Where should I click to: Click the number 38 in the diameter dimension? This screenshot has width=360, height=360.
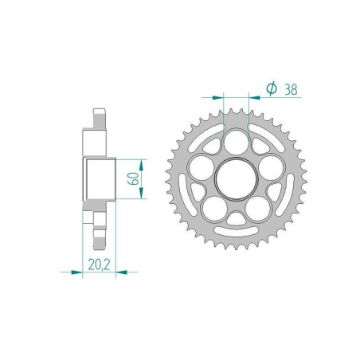pos(289,90)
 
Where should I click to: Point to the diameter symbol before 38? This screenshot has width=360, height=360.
pos(271,90)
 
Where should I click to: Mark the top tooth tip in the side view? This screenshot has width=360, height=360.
pos(98,111)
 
